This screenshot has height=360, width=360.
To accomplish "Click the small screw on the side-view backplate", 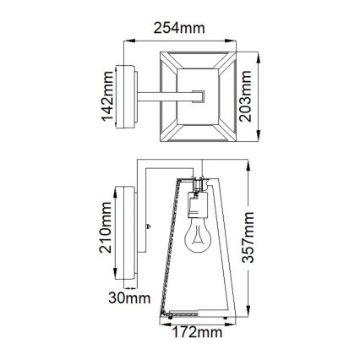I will point(148,226).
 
